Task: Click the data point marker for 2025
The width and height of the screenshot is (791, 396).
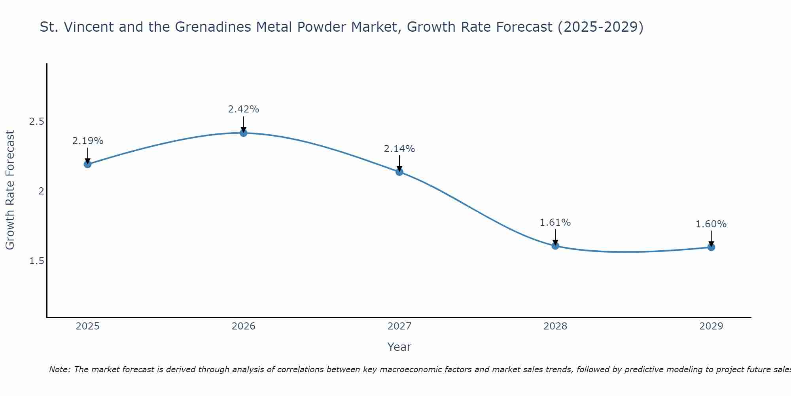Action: (87, 164)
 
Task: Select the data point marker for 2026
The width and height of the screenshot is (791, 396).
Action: (244, 133)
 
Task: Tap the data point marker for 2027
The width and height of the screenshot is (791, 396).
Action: (399, 171)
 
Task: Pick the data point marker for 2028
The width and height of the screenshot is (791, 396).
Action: (555, 246)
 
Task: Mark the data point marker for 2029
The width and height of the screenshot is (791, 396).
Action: (711, 247)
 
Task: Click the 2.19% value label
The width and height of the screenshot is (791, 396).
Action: (87, 141)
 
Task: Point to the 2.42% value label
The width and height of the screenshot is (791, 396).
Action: (244, 109)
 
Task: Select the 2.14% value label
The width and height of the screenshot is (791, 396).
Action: (399, 149)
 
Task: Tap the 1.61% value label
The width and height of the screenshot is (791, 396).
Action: (555, 223)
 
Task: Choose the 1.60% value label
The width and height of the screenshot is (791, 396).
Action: (711, 224)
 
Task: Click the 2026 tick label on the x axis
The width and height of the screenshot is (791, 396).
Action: (244, 326)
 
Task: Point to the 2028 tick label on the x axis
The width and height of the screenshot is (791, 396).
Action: (555, 326)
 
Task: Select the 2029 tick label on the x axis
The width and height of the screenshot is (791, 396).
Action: (711, 326)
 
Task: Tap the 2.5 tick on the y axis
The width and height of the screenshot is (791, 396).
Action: (36, 122)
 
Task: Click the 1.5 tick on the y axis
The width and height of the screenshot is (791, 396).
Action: (36, 261)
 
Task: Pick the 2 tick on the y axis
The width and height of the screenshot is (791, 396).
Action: (40, 191)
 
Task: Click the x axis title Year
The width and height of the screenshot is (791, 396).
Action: (399, 347)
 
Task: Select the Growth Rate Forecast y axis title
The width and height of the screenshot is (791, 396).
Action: (10, 190)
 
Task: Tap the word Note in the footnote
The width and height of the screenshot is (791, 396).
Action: (59, 369)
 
